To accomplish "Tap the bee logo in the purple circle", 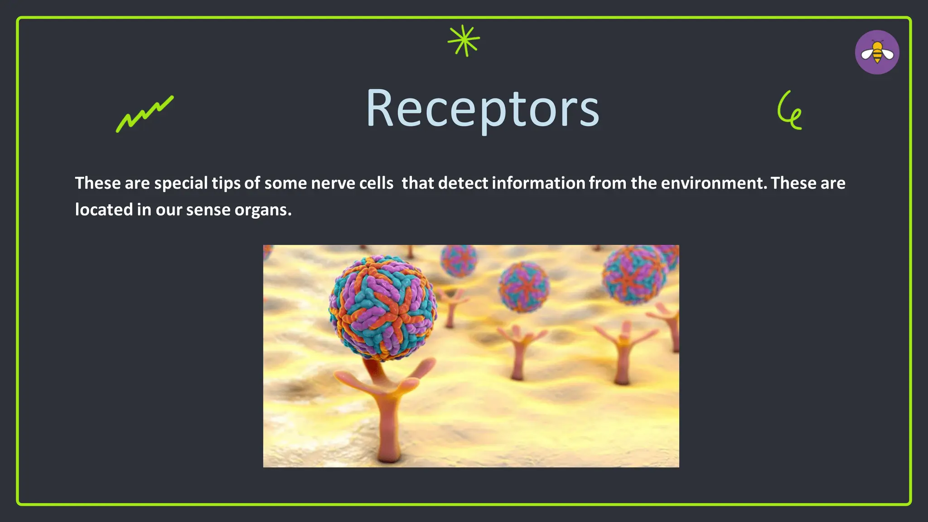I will (877, 52).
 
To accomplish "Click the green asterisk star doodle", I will (464, 41).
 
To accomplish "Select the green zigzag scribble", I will (144, 114).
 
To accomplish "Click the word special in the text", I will (181, 183).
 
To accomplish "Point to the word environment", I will (714, 183).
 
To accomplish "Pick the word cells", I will (376, 183).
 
